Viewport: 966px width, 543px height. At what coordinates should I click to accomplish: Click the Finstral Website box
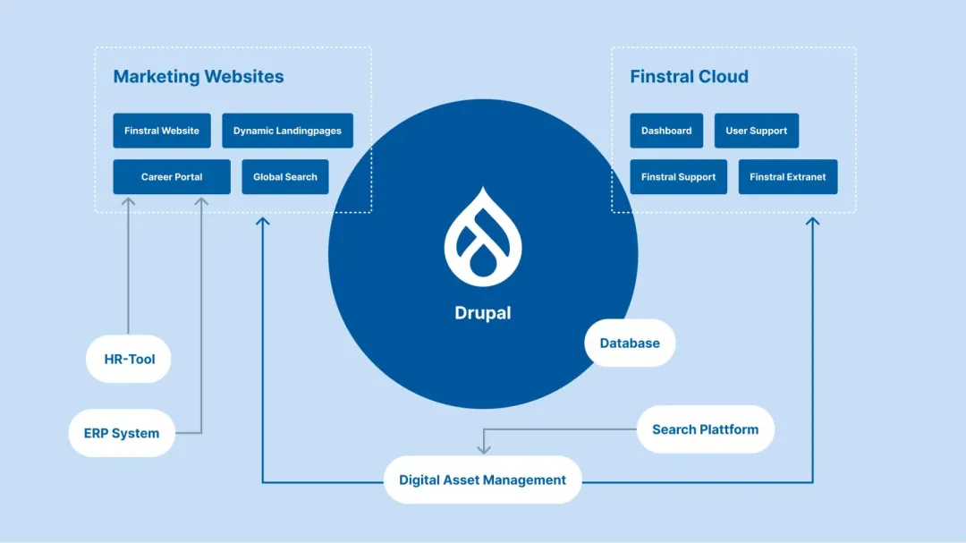(x=162, y=131)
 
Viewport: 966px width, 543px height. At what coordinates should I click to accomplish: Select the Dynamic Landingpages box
(x=287, y=131)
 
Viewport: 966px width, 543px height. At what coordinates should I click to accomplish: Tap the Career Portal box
(x=172, y=177)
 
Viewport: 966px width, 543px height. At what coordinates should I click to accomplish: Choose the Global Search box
(x=285, y=177)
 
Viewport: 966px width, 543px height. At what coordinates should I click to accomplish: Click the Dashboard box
(x=666, y=131)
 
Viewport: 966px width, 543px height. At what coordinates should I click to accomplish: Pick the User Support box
(x=756, y=131)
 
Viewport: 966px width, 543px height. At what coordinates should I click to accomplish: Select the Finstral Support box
(x=678, y=177)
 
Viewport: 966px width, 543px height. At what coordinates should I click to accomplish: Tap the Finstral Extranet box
(x=787, y=177)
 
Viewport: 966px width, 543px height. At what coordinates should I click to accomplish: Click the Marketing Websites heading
(x=199, y=77)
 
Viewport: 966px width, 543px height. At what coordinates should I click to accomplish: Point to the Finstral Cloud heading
(x=689, y=77)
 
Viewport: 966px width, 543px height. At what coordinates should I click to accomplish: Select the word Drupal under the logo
(x=483, y=313)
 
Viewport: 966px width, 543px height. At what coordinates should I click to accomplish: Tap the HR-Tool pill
(x=129, y=360)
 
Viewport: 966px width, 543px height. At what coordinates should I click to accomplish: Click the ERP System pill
(x=122, y=433)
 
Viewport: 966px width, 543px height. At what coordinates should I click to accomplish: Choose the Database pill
(x=630, y=343)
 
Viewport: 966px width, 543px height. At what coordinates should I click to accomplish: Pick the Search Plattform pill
(x=705, y=429)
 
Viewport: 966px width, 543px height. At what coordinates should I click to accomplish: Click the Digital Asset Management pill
(x=482, y=479)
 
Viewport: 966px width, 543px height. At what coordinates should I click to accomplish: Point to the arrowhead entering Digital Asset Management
(x=483, y=448)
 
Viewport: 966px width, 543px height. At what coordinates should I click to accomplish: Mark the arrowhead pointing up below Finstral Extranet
(x=812, y=220)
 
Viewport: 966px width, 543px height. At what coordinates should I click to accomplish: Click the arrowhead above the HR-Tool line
(x=128, y=202)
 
